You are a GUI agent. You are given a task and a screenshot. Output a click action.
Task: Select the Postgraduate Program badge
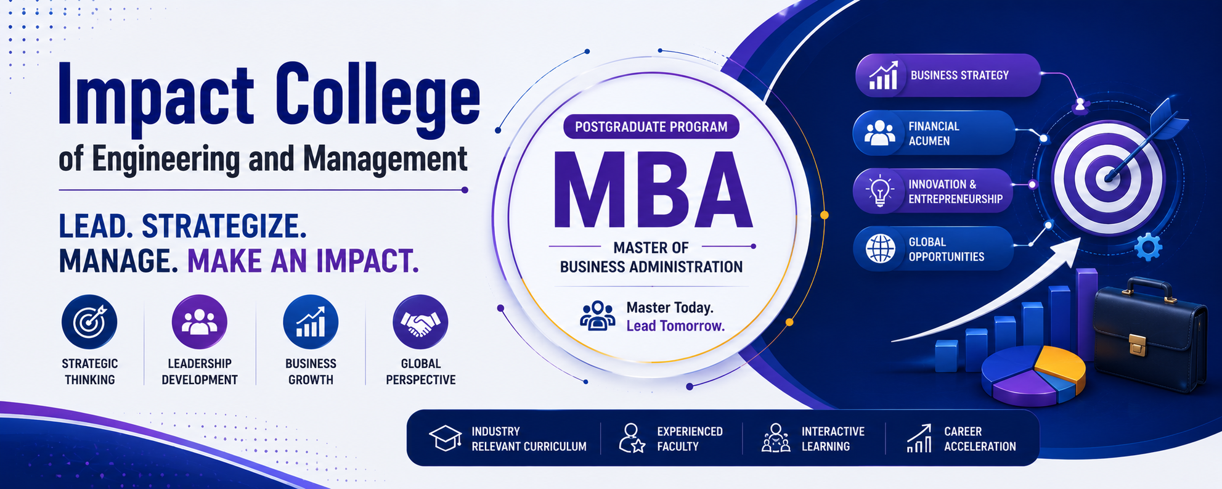[651, 126]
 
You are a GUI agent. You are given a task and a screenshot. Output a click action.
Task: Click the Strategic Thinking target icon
[89, 322]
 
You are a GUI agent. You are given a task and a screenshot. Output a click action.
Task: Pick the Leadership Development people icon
[199, 322]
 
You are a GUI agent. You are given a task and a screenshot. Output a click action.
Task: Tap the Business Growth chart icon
[311, 322]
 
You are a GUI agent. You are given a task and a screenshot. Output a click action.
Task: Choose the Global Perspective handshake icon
[420, 322]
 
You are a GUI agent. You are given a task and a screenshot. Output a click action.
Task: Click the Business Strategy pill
[948, 75]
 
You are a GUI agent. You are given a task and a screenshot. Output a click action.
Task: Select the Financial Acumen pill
[934, 133]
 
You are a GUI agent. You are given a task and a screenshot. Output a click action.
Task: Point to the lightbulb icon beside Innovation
[879, 191]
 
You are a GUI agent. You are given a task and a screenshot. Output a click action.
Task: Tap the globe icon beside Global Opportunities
[880, 249]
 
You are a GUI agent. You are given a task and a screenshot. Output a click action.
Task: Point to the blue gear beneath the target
[1148, 247]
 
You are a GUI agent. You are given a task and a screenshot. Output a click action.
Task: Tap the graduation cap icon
[446, 438]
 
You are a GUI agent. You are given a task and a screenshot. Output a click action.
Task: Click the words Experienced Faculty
[690, 438]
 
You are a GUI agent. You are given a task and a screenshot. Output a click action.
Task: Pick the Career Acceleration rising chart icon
[919, 438]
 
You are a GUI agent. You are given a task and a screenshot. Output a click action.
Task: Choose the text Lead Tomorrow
[675, 326]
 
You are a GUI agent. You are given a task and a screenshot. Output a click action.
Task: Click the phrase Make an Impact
[303, 261]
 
